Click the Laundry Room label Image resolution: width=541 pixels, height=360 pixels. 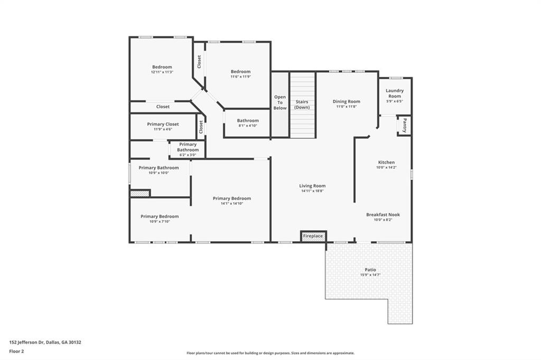click(x=395, y=93)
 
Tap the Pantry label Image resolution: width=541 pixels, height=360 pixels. click(x=405, y=125)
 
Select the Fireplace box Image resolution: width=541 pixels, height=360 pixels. click(x=313, y=236)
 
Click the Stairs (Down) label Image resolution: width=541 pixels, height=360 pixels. click(x=302, y=105)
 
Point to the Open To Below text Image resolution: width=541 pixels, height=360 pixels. click(x=280, y=102)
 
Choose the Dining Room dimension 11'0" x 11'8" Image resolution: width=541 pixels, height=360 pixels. click(x=347, y=107)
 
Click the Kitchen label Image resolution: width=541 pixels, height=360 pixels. click(x=386, y=162)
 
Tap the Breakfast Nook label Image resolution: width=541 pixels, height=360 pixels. click(x=383, y=214)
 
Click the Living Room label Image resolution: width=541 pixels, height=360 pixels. click(x=312, y=186)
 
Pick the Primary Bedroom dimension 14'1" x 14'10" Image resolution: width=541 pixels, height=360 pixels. click(x=232, y=204)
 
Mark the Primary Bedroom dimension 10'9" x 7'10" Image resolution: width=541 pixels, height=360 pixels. click(x=160, y=221)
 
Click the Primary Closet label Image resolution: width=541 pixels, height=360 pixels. click(x=163, y=124)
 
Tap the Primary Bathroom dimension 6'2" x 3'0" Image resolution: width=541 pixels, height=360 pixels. click(x=188, y=155)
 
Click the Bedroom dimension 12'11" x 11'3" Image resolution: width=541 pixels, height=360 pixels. click(x=162, y=72)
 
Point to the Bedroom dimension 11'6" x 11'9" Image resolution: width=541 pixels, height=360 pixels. click(x=240, y=77)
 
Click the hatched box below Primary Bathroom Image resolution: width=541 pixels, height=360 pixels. click(x=140, y=194)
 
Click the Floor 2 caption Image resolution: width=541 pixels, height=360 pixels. click(x=16, y=350)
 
